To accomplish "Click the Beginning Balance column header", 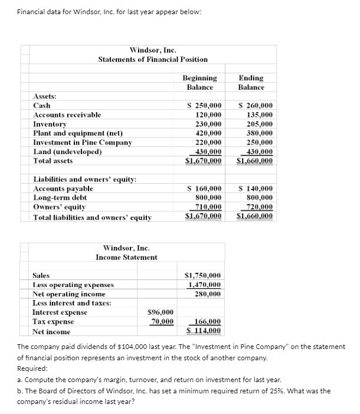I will [199, 83].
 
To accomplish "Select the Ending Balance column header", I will [251, 83].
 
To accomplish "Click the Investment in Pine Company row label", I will [83, 142].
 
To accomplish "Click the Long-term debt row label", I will [60, 198].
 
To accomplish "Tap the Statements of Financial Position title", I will [152, 60].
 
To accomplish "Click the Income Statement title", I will [126, 257].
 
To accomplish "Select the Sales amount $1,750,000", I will [203, 275].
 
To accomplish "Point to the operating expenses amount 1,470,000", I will [204, 285].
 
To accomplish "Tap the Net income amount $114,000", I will [203, 331].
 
